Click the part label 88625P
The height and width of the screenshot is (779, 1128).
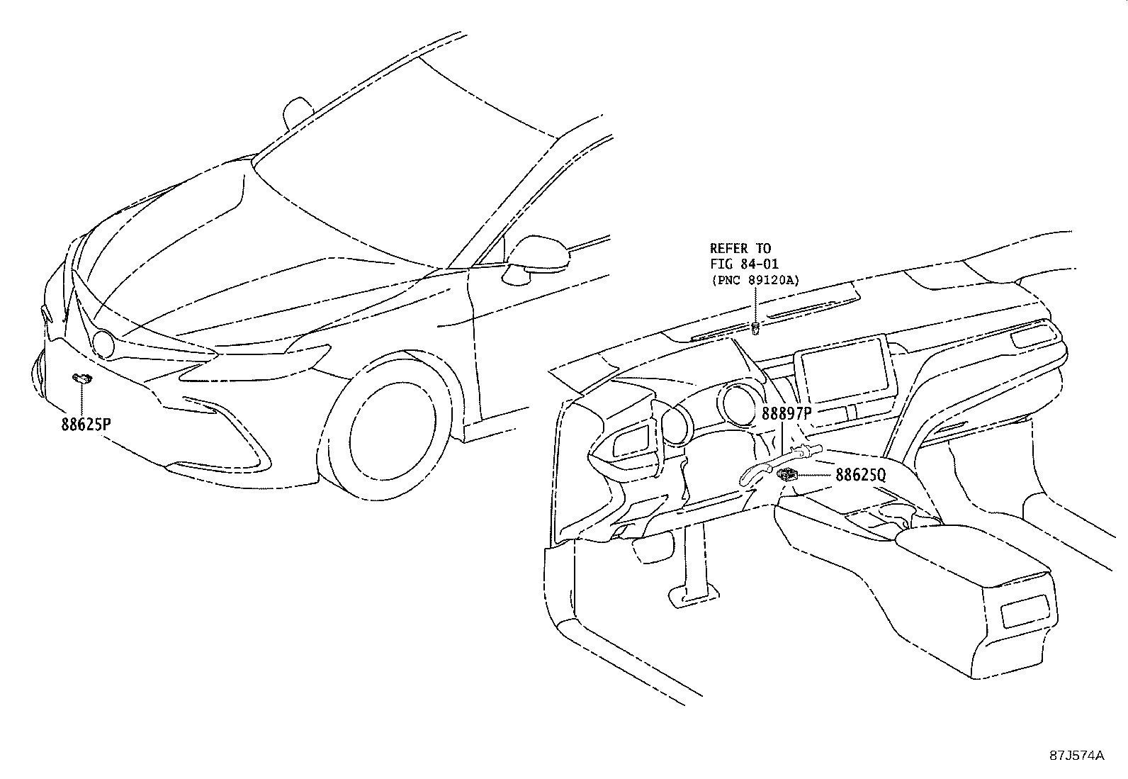tap(86, 425)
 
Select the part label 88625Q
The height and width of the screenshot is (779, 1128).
tap(861, 475)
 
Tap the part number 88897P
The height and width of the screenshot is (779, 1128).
tap(786, 414)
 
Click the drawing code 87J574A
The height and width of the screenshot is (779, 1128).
tap(1077, 756)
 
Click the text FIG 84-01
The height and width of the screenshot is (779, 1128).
tap(744, 264)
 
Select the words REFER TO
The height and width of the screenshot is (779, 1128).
tap(740, 248)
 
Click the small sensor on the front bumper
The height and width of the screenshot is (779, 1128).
tap(82, 378)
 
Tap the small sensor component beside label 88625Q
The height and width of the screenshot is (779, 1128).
tap(786, 473)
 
